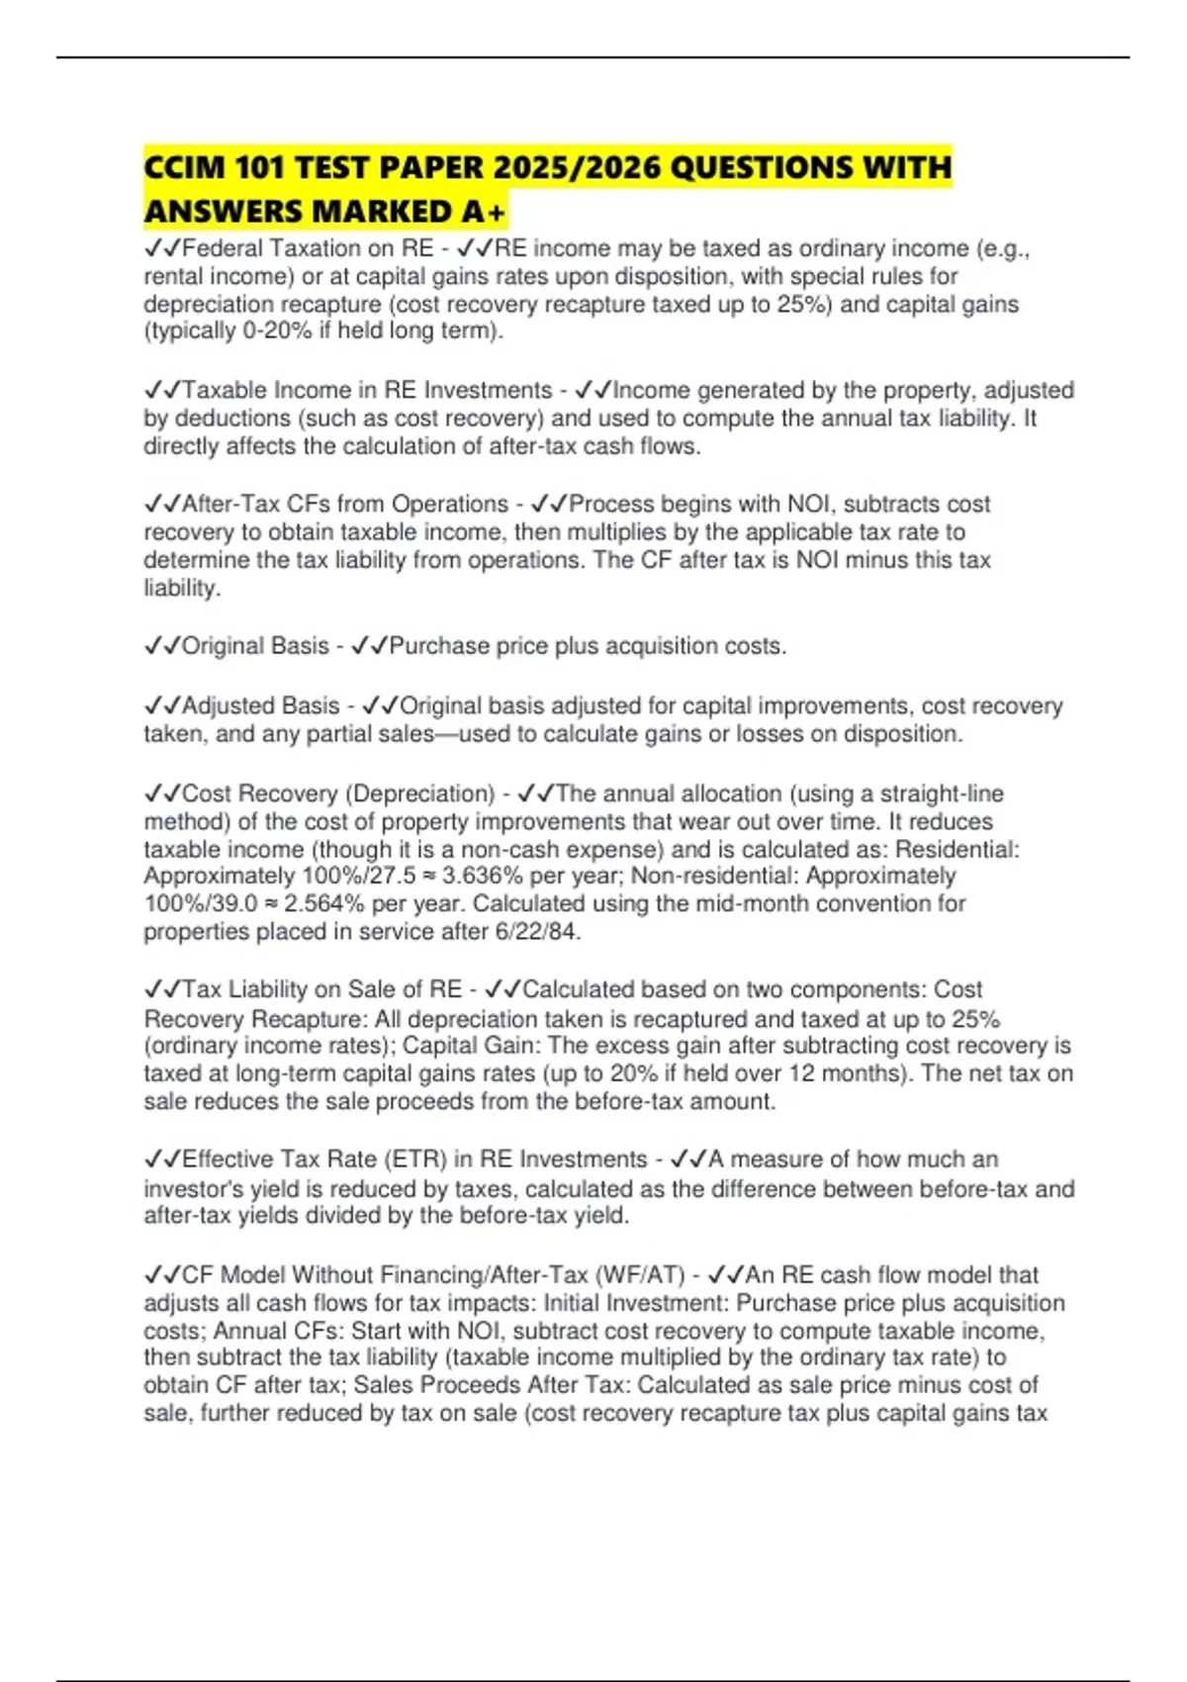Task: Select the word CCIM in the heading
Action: pos(185,167)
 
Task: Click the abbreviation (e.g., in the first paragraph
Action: pos(1003,248)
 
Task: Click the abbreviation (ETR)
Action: pos(415,1159)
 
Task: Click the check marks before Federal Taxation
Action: pos(162,248)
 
